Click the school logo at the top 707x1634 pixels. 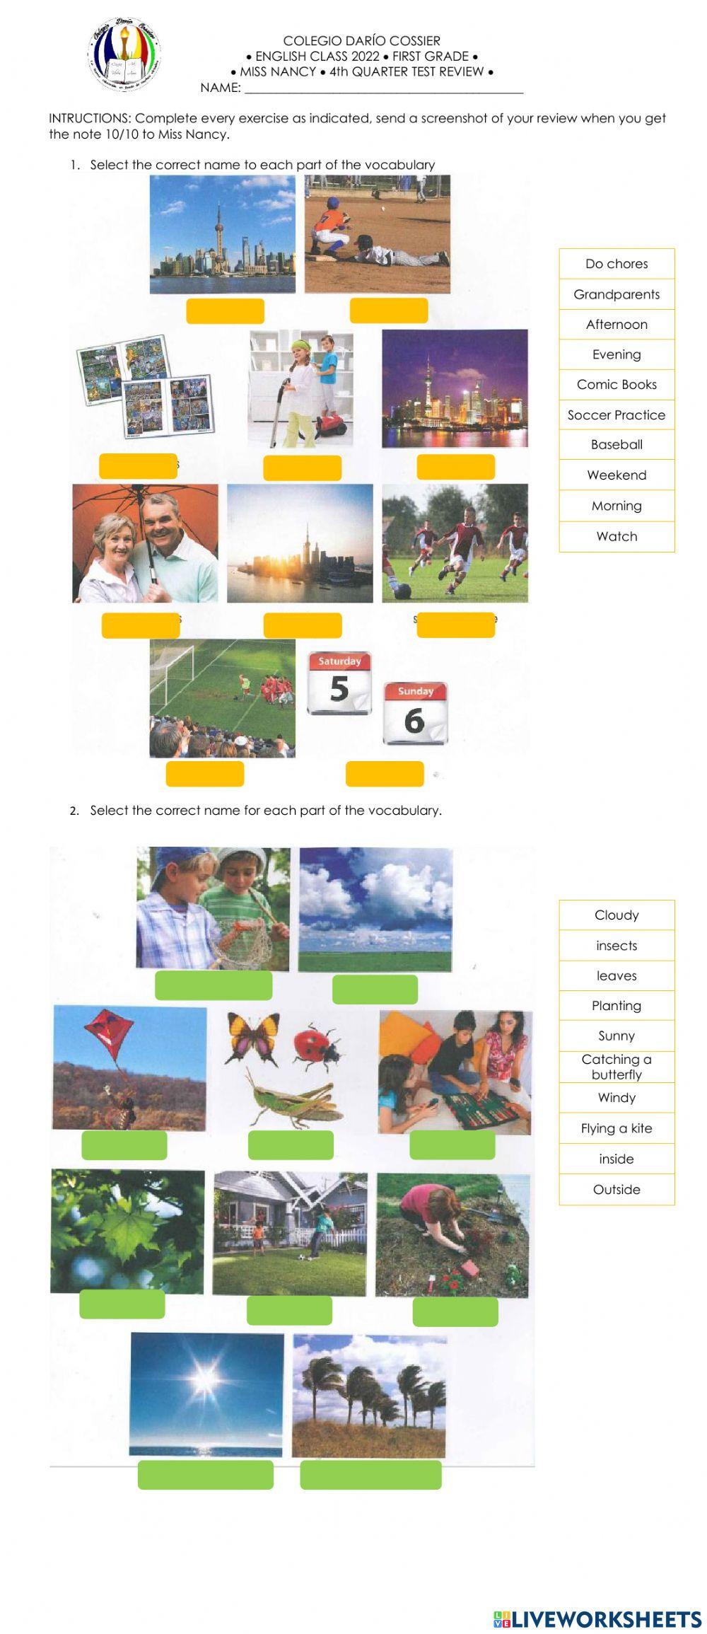click(124, 55)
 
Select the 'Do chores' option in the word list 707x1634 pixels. click(617, 264)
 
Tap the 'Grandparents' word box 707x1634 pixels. click(617, 294)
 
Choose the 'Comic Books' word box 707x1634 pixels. click(617, 384)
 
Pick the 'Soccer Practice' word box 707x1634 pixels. click(617, 415)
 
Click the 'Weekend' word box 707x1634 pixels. click(617, 475)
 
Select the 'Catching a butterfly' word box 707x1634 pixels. click(617, 1067)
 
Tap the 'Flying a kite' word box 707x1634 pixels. click(617, 1128)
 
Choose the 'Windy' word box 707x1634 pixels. click(617, 1098)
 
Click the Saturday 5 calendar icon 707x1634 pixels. click(339, 683)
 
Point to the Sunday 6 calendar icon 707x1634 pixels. click(415, 713)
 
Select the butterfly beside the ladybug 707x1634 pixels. click(252, 1037)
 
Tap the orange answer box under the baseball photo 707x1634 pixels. click(389, 311)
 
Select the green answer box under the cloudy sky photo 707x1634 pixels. click(375, 989)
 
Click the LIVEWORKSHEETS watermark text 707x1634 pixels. click(597, 1620)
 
